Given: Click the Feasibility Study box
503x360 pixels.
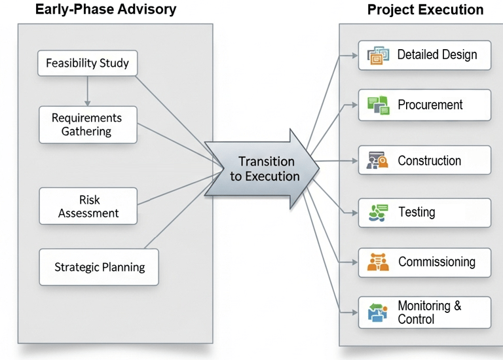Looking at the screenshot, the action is (x=88, y=63).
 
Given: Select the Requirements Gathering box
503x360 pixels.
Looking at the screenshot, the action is (x=88, y=125).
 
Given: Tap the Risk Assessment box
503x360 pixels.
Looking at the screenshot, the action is (x=88, y=206).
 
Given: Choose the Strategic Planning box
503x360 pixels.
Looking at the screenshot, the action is (x=99, y=267).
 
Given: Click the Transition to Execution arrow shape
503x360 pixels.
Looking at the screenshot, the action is (x=262, y=169).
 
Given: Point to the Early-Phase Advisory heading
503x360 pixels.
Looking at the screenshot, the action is (x=106, y=9).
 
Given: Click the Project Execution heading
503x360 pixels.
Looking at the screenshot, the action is (x=425, y=10).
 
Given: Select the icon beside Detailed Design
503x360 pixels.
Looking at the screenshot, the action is (x=378, y=56).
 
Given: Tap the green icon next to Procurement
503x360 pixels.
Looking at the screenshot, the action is (x=379, y=105).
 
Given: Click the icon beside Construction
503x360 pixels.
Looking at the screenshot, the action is (x=377, y=160).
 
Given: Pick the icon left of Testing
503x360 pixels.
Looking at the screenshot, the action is (x=378, y=213).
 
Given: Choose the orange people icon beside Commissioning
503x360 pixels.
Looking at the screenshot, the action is (x=378, y=262).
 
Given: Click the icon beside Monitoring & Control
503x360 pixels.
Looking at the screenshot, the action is (x=377, y=313).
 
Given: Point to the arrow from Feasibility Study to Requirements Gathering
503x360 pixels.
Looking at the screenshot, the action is (x=88, y=91).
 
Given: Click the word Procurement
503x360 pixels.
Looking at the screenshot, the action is (x=430, y=105).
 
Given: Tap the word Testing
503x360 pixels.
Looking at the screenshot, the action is (x=417, y=212).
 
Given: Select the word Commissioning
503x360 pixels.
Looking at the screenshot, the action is (x=437, y=262).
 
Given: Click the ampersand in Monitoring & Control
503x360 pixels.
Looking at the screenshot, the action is (x=458, y=306).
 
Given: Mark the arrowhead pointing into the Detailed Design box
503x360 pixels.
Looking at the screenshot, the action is (x=354, y=56).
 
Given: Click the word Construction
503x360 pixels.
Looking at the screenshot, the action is (x=430, y=160).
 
